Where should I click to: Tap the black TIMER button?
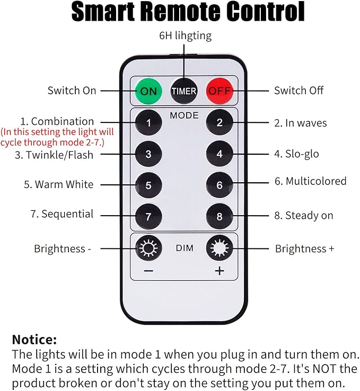click(184, 91)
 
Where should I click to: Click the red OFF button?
click(219, 91)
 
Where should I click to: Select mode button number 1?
click(148, 123)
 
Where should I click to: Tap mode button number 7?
click(148, 217)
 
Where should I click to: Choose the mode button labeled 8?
click(219, 217)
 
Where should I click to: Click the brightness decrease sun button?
click(148, 248)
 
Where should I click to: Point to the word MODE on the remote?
click(184, 115)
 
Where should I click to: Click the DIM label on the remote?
click(185, 248)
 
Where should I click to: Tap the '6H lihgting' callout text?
click(186, 35)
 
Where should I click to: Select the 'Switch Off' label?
click(298, 90)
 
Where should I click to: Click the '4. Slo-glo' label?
click(296, 154)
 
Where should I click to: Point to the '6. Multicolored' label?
click(310, 181)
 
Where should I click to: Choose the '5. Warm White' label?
click(59, 184)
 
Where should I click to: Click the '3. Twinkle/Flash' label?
click(54, 155)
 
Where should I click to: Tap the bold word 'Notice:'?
click(34, 340)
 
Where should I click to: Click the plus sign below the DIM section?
click(219, 271)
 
